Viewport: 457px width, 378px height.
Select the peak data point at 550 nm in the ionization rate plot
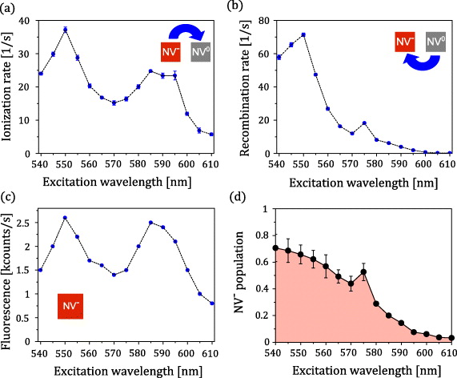[65, 30]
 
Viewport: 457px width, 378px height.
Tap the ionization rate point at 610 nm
[211, 135]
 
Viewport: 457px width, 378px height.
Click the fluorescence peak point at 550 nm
[65, 218]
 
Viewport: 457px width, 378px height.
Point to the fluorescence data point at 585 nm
[150, 223]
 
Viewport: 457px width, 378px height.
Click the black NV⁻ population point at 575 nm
[363, 271]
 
